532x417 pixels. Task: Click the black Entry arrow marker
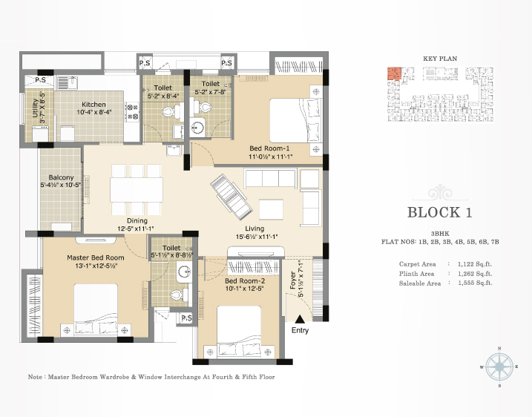[x=300, y=319]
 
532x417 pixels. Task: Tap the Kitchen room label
[x=93, y=105]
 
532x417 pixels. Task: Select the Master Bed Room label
[x=95, y=258]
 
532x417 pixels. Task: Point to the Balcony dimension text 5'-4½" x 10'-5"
[x=61, y=185]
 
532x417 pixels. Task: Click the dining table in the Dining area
[x=136, y=190]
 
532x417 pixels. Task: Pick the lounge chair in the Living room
[x=231, y=197]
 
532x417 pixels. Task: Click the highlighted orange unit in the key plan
[x=394, y=73]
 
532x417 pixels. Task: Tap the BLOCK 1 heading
[x=440, y=212]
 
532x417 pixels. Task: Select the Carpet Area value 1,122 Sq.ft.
[x=475, y=264]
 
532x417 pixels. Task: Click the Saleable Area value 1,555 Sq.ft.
[x=475, y=283]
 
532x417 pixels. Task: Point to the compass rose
[x=499, y=367]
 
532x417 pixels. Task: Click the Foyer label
[x=293, y=280]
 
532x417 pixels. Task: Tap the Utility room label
[x=36, y=108]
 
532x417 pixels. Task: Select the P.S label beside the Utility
[x=40, y=80]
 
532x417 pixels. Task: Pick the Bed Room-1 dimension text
[x=270, y=157]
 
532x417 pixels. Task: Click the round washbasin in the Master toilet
[x=184, y=271]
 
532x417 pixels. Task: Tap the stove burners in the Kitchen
[x=132, y=111]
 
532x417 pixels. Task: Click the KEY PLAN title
[x=440, y=59]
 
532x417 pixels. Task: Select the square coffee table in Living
[x=271, y=209]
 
